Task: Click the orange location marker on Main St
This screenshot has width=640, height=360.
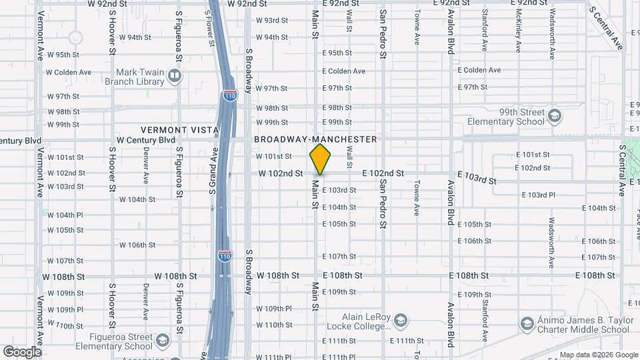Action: (x=321, y=159)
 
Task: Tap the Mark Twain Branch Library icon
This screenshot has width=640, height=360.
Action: (x=174, y=77)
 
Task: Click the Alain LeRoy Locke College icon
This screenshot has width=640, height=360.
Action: (x=399, y=321)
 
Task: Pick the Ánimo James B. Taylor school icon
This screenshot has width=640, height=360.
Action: (x=527, y=324)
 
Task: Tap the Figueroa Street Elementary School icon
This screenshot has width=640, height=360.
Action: (x=162, y=341)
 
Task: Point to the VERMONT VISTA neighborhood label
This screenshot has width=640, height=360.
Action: (x=175, y=129)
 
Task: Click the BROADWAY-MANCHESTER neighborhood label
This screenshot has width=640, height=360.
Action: (x=315, y=139)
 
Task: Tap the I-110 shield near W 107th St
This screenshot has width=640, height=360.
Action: (x=225, y=255)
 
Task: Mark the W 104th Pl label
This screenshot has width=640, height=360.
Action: (x=65, y=215)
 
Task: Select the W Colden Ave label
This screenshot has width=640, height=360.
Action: (x=69, y=72)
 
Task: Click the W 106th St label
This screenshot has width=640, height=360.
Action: (x=137, y=245)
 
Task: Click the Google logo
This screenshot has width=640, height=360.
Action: (x=21, y=351)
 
